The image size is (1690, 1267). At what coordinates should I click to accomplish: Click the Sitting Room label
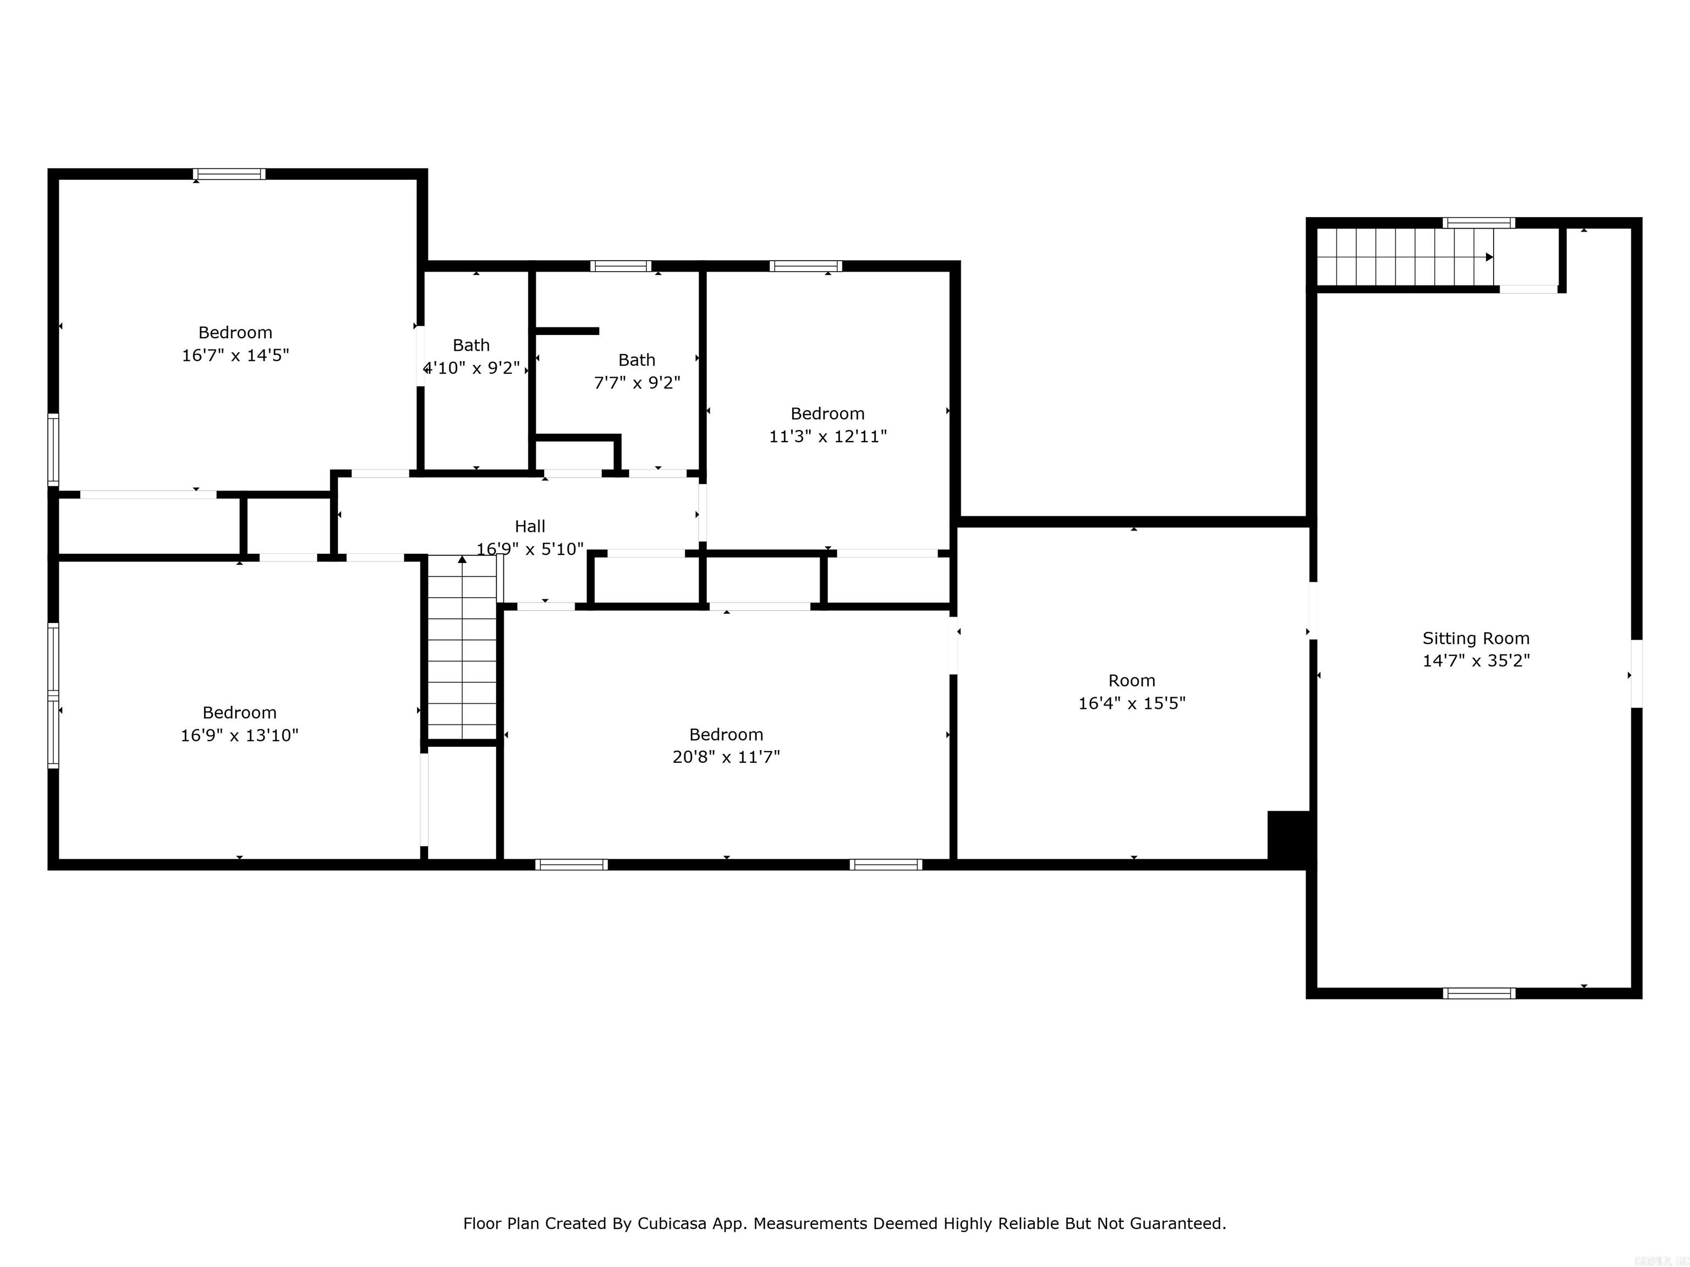pyautogui.click(x=1475, y=638)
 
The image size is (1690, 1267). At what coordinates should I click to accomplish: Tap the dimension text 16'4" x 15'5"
pyautogui.click(x=1132, y=703)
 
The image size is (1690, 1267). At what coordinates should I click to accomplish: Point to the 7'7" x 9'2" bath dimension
pyautogui.click(x=637, y=383)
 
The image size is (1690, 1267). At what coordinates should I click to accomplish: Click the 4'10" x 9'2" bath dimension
pyautogui.click(x=472, y=368)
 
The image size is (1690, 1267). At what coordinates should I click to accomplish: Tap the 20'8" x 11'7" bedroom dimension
pyautogui.click(x=726, y=757)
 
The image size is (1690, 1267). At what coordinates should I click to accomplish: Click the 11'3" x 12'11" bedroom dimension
pyautogui.click(x=827, y=436)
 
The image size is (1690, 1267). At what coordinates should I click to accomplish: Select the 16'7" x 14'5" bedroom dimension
pyautogui.click(x=235, y=355)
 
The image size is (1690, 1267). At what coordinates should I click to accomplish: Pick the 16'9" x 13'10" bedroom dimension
pyautogui.click(x=239, y=735)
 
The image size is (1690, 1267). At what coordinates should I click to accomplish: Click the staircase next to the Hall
pyautogui.click(x=462, y=649)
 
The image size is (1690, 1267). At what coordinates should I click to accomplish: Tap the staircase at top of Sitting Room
pyautogui.click(x=1404, y=257)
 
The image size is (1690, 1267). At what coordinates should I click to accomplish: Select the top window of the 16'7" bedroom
pyautogui.click(x=229, y=174)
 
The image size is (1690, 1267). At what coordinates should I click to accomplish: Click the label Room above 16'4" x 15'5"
pyautogui.click(x=1132, y=680)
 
